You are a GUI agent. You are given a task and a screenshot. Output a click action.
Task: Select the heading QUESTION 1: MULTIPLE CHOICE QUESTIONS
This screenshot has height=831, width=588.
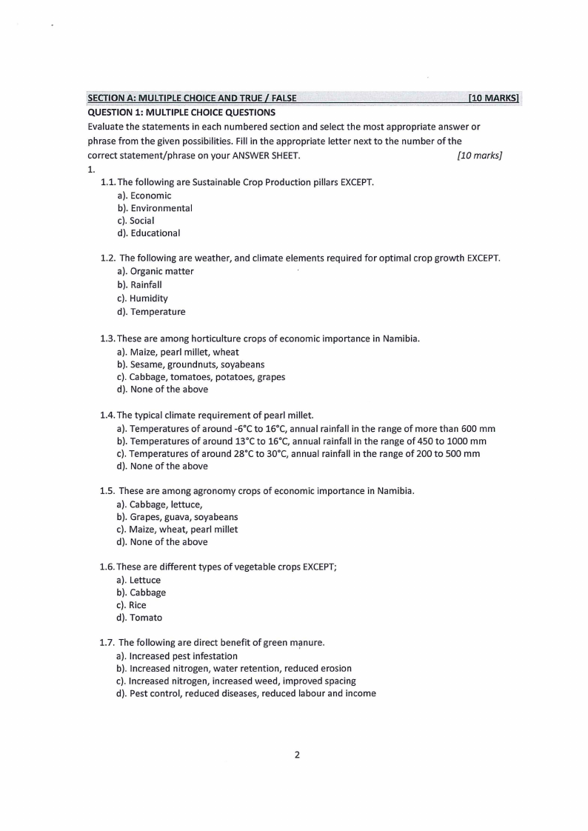pos(181,113)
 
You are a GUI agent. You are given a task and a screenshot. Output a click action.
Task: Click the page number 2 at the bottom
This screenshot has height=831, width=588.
pos(297,755)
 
